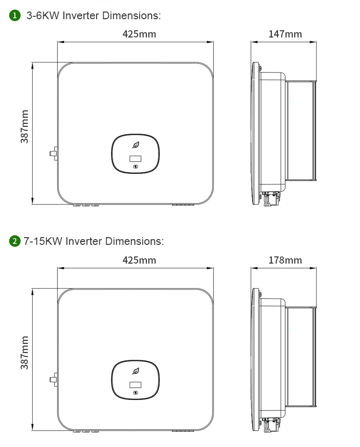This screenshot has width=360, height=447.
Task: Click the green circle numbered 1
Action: click(x=15, y=15)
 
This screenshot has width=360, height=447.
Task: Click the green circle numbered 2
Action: click(x=15, y=241)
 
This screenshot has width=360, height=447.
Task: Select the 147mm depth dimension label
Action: click(x=285, y=34)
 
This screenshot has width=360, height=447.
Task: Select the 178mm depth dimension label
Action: click(x=285, y=260)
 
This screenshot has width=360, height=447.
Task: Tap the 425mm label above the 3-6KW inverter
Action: click(x=139, y=34)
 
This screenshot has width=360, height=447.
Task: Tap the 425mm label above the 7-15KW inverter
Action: click(x=139, y=260)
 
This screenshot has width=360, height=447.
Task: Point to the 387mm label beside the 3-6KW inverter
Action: click(x=24, y=127)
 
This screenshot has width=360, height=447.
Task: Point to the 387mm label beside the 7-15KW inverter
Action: click(x=24, y=352)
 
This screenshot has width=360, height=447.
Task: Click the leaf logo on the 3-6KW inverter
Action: click(x=136, y=145)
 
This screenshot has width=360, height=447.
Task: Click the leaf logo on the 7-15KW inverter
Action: click(x=136, y=371)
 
